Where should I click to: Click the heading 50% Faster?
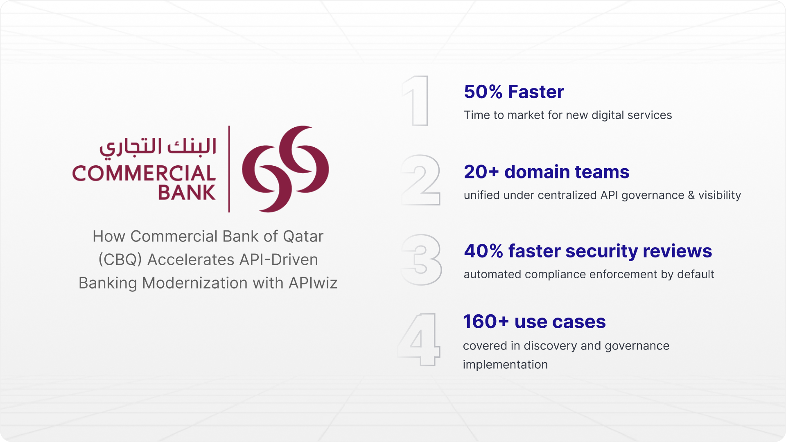coord(514,92)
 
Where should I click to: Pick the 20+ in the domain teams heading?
coord(481,172)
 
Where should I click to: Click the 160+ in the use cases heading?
coord(486,322)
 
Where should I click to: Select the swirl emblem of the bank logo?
coord(285,169)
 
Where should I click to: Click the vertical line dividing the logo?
coord(229,169)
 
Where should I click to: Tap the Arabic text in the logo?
coord(158,147)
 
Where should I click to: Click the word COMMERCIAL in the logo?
coord(144,174)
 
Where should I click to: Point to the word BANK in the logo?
coord(187,192)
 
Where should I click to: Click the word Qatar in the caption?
coord(303,237)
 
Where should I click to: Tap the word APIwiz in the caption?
coord(313,283)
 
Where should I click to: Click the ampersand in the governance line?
coord(691,195)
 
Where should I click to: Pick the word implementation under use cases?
coord(505,365)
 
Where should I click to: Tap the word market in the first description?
coord(526,115)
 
